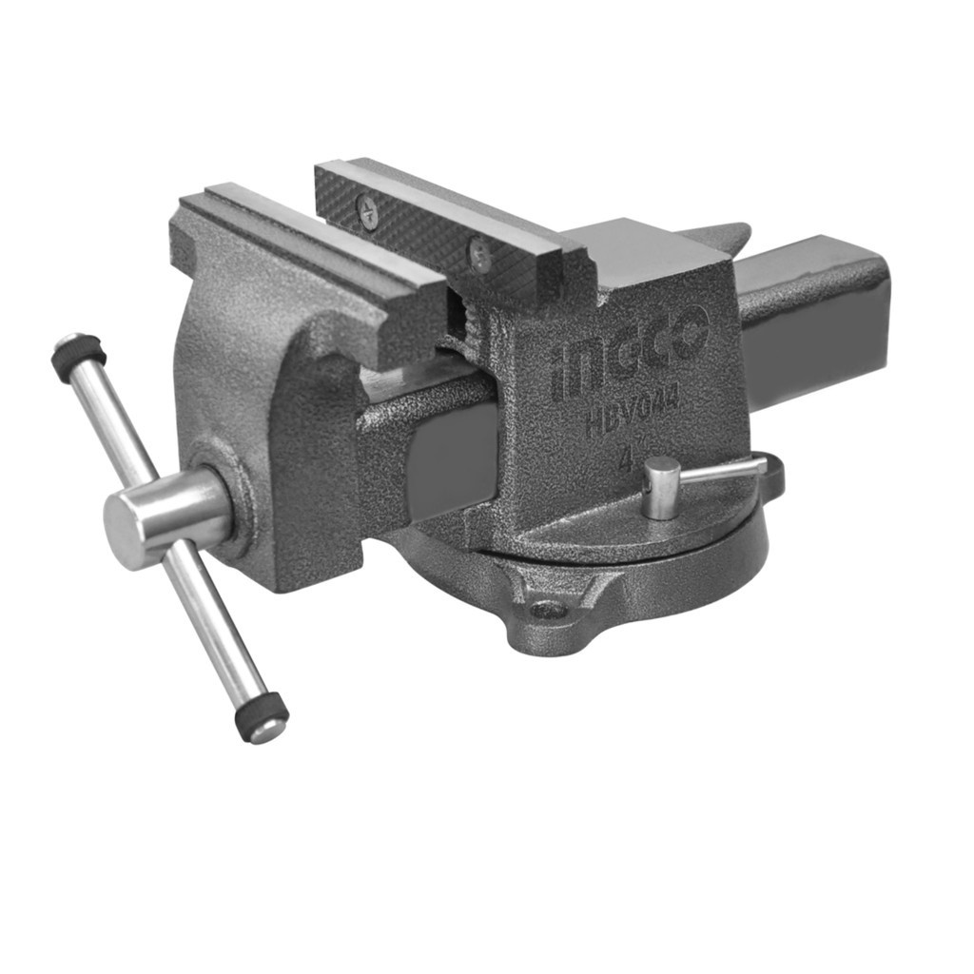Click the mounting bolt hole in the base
pyautogui.click(x=548, y=610)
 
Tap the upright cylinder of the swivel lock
pyautogui.click(x=660, y=488)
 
